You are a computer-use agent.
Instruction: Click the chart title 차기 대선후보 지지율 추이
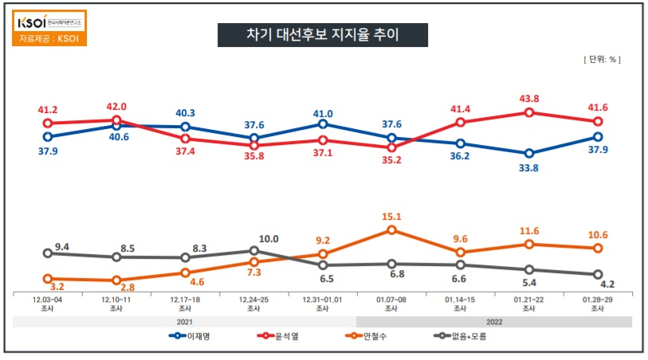(x=323, y=35)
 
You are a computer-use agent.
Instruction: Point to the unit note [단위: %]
(x=602, y=60)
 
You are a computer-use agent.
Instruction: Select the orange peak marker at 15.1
(x=391, y=230)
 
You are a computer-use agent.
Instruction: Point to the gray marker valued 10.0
(x=253, y=251)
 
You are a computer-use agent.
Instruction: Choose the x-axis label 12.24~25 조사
(x=253, y=304)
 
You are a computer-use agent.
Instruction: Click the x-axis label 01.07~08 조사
(x=391, y=304)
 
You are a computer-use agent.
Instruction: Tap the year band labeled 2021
(x=184, y=321)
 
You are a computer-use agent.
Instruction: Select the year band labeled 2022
(x=494, y=321)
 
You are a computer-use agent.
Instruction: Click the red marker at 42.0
(x=116, y=120)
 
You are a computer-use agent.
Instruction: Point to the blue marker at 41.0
(x=323, y=124)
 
